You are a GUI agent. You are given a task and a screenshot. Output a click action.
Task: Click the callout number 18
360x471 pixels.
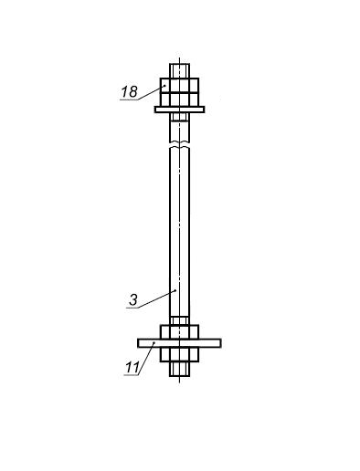click(x=130, y=91)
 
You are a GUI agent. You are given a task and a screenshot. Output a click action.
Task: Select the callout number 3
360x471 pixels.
click(x=133, y=300)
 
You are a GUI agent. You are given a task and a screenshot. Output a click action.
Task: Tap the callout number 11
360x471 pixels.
click(x=132, y=368)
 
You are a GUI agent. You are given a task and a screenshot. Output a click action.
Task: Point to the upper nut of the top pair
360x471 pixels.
click(x=179, y=85)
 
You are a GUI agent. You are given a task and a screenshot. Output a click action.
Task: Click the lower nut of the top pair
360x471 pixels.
click(x=179, y=99)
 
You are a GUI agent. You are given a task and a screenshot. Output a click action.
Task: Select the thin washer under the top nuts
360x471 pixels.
click(x=179, y=110)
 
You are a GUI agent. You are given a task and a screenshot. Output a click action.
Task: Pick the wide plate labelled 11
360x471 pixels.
click(x=179, y=343)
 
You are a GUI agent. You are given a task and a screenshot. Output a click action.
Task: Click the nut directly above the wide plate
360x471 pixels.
click(x=179, y=332)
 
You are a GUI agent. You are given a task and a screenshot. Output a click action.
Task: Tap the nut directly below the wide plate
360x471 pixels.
click(x=179, y=354)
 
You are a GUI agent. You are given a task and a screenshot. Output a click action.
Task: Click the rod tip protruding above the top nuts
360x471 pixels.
click(x=179, y=71)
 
